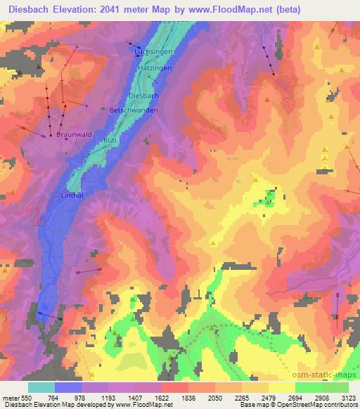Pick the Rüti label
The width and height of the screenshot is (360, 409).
[x=110, y=141]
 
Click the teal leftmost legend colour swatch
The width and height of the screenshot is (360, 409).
[x=41, y=387]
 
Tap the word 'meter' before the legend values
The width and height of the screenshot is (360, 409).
[x=11, y=398]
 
